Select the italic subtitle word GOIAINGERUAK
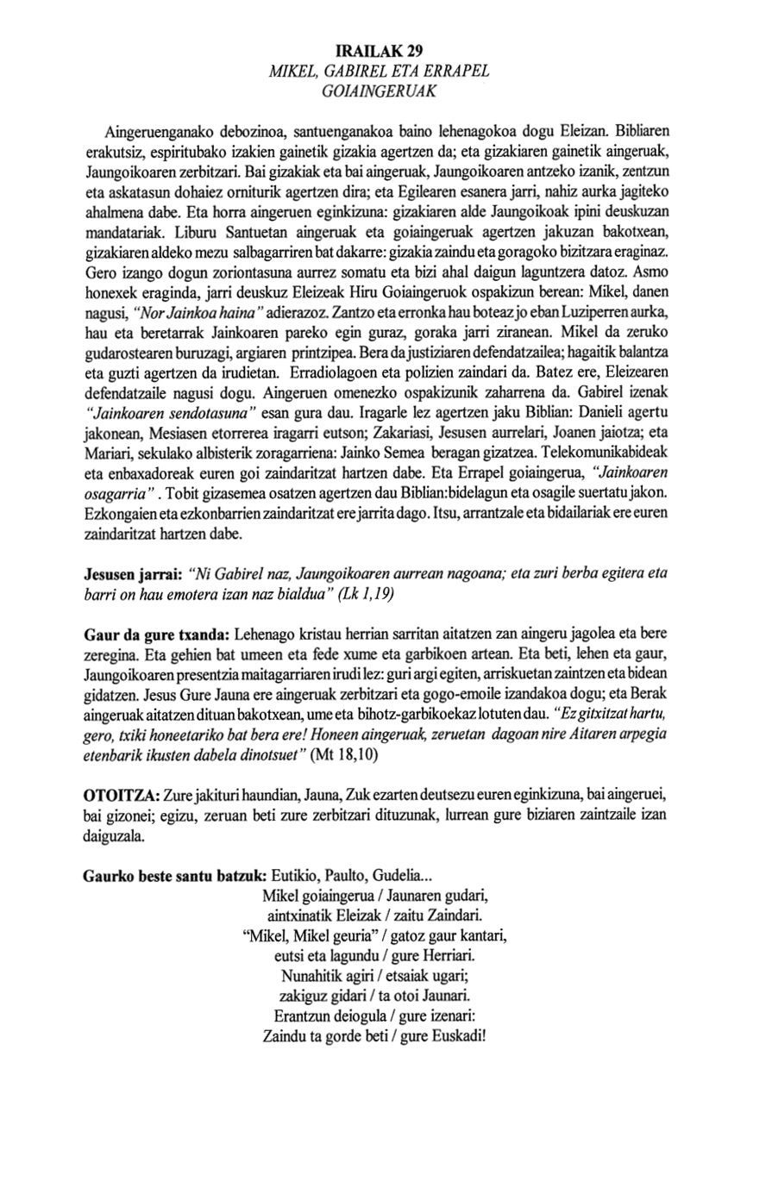click(x=380, y=88)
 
